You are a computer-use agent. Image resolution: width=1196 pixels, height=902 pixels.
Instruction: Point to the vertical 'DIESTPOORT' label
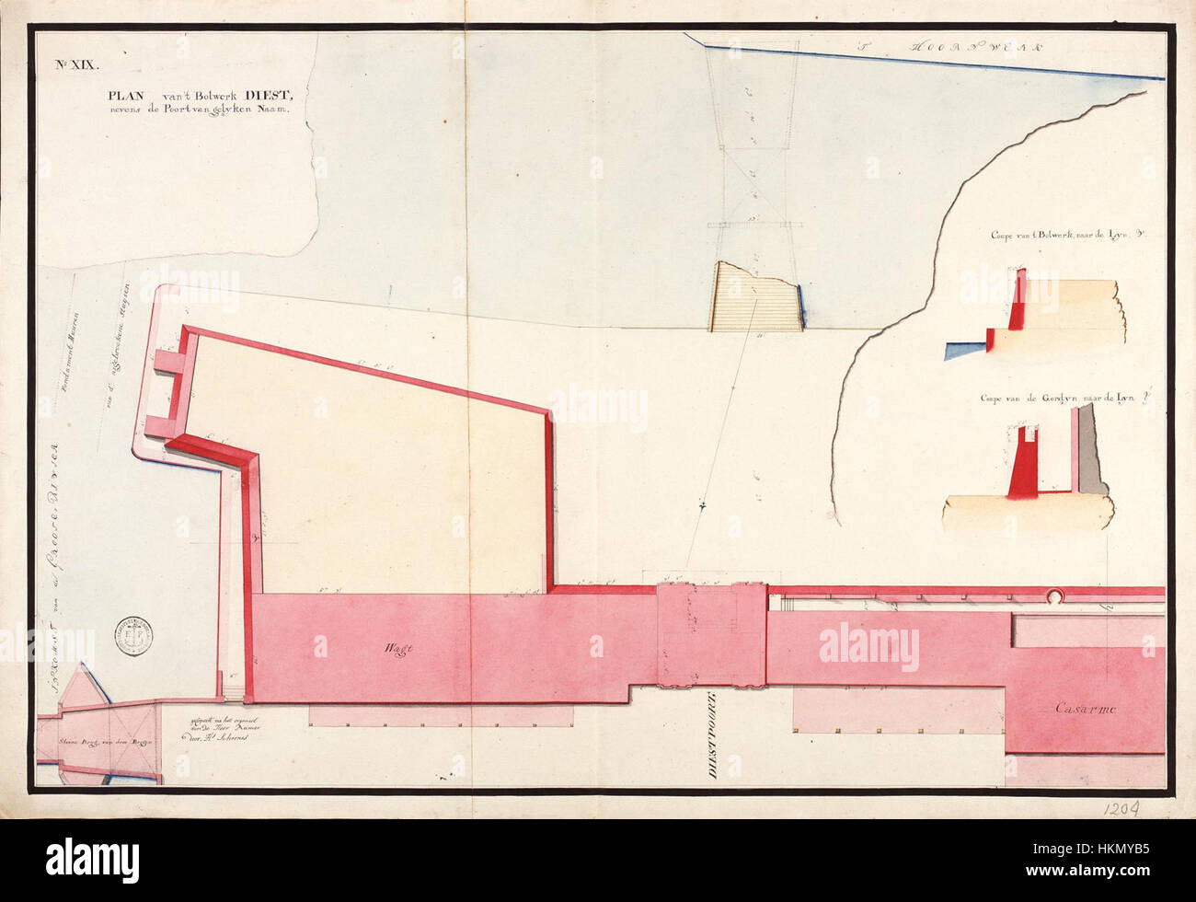[x=713, y=735]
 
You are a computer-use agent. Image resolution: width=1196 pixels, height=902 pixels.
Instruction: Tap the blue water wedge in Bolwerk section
[x=966, y=349]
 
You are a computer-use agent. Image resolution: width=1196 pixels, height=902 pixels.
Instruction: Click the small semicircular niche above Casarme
[x=1052, y=596]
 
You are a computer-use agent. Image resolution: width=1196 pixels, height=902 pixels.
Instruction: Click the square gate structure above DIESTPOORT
[x=710, y=635]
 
